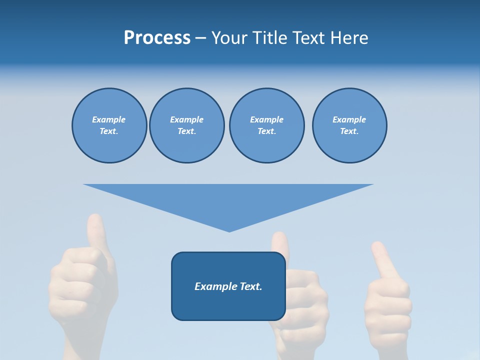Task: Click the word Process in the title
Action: (157, 38)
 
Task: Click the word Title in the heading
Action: (270, 38)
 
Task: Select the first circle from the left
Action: (109, 125)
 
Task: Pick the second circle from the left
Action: (186, 125)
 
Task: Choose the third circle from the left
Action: (266, 125)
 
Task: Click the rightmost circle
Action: (349, 125)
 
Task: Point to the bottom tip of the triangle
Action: (229, 230)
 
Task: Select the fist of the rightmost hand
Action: (387, 305)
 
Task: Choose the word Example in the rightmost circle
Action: (349, 119)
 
